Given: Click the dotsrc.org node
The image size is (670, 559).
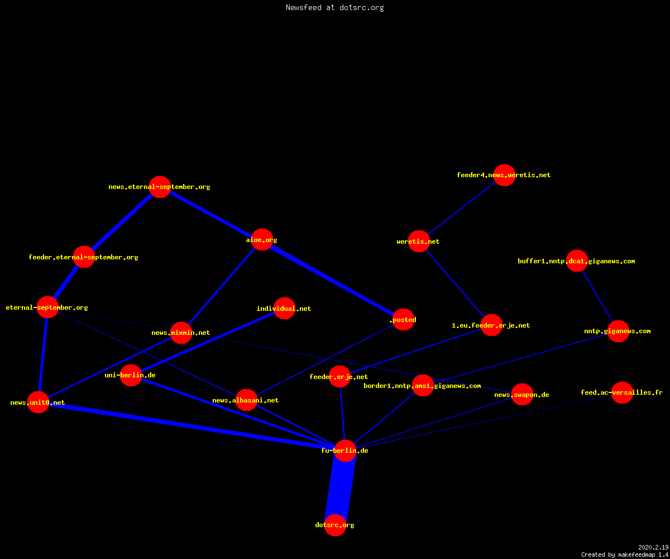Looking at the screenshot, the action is tap(335, 525).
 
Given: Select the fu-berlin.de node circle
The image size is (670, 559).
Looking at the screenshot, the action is tap(345, 451).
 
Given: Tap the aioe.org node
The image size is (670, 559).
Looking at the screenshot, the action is tap(262, 240).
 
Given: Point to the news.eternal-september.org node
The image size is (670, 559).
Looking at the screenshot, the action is tap(160, 187).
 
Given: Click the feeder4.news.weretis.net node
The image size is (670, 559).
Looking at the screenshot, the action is tap(504, 175).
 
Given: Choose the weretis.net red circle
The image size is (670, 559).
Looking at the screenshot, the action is tap(419, 241).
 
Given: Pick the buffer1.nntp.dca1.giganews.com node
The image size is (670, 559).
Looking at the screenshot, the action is tap(577, 261).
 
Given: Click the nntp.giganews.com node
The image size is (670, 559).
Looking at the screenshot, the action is tap(618, 331).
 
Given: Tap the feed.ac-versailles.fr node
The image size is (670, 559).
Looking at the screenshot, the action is tap(622, 392).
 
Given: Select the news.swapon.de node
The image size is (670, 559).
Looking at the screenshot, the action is tap(522, 395).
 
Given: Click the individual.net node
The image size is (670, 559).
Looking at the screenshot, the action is tap(284, 309).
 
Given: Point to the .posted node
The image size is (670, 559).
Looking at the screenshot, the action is tap(404, 320).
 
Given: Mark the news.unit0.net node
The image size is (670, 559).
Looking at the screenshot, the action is tap(38, 402).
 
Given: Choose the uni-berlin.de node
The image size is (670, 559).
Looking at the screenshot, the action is tap(131, 375).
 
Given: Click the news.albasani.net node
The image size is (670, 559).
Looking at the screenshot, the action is tap(246, 400).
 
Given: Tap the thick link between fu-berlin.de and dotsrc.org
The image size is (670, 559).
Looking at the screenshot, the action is tap(340, 487).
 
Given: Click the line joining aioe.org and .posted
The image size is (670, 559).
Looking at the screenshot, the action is tap(333, 279).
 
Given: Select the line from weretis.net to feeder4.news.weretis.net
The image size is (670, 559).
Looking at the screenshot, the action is tap(461, 208).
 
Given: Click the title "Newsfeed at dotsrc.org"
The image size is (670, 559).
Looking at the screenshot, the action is tap(334, 8).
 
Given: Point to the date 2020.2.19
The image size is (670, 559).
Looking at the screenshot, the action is tap(653, 547).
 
